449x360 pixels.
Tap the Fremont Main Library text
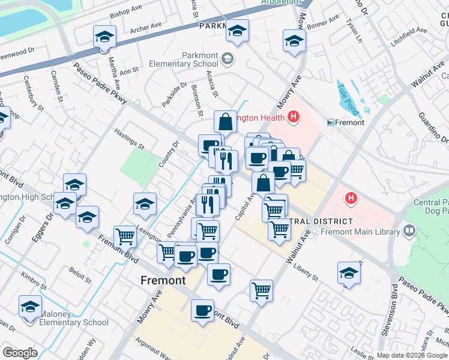point(360,232)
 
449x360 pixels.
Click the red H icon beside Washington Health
point(293,117)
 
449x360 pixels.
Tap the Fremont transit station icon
point(331,122)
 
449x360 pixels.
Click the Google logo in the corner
point(20,353)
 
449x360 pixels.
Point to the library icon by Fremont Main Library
point(409,231)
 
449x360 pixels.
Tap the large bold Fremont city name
point(163,280)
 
